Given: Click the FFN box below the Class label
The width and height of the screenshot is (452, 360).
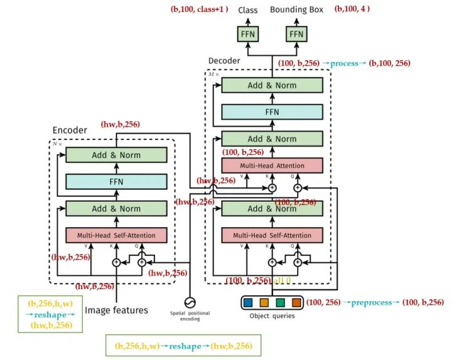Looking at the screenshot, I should (247, 34).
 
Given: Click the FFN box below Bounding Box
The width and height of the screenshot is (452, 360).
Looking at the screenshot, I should (297, 34).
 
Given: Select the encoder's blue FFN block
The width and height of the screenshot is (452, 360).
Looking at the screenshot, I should (116, 182).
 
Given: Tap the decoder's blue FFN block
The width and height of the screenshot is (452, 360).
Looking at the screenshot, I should (272, 112).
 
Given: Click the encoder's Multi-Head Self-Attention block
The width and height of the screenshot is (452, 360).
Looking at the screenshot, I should (116, 235).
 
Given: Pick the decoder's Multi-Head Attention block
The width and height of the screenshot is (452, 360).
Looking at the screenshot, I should (272, 166).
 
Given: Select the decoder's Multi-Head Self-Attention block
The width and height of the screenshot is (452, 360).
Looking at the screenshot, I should (272, 235).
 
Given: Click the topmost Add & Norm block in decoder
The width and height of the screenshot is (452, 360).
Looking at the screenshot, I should (272, 85).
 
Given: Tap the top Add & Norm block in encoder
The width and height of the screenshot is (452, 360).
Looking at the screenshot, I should (116, 155).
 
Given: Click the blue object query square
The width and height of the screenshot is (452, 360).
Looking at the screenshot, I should (249, 303).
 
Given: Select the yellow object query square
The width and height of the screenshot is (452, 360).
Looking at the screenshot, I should (264, 303).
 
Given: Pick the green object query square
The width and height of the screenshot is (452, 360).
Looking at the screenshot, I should (281, 303).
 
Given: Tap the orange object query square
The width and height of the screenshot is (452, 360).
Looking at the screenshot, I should (296, 303).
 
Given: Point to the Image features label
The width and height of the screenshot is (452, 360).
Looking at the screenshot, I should (116, 310).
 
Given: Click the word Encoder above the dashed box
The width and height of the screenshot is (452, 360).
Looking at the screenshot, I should (70, 130).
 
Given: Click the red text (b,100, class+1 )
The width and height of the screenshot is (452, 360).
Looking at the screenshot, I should (199, 9).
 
